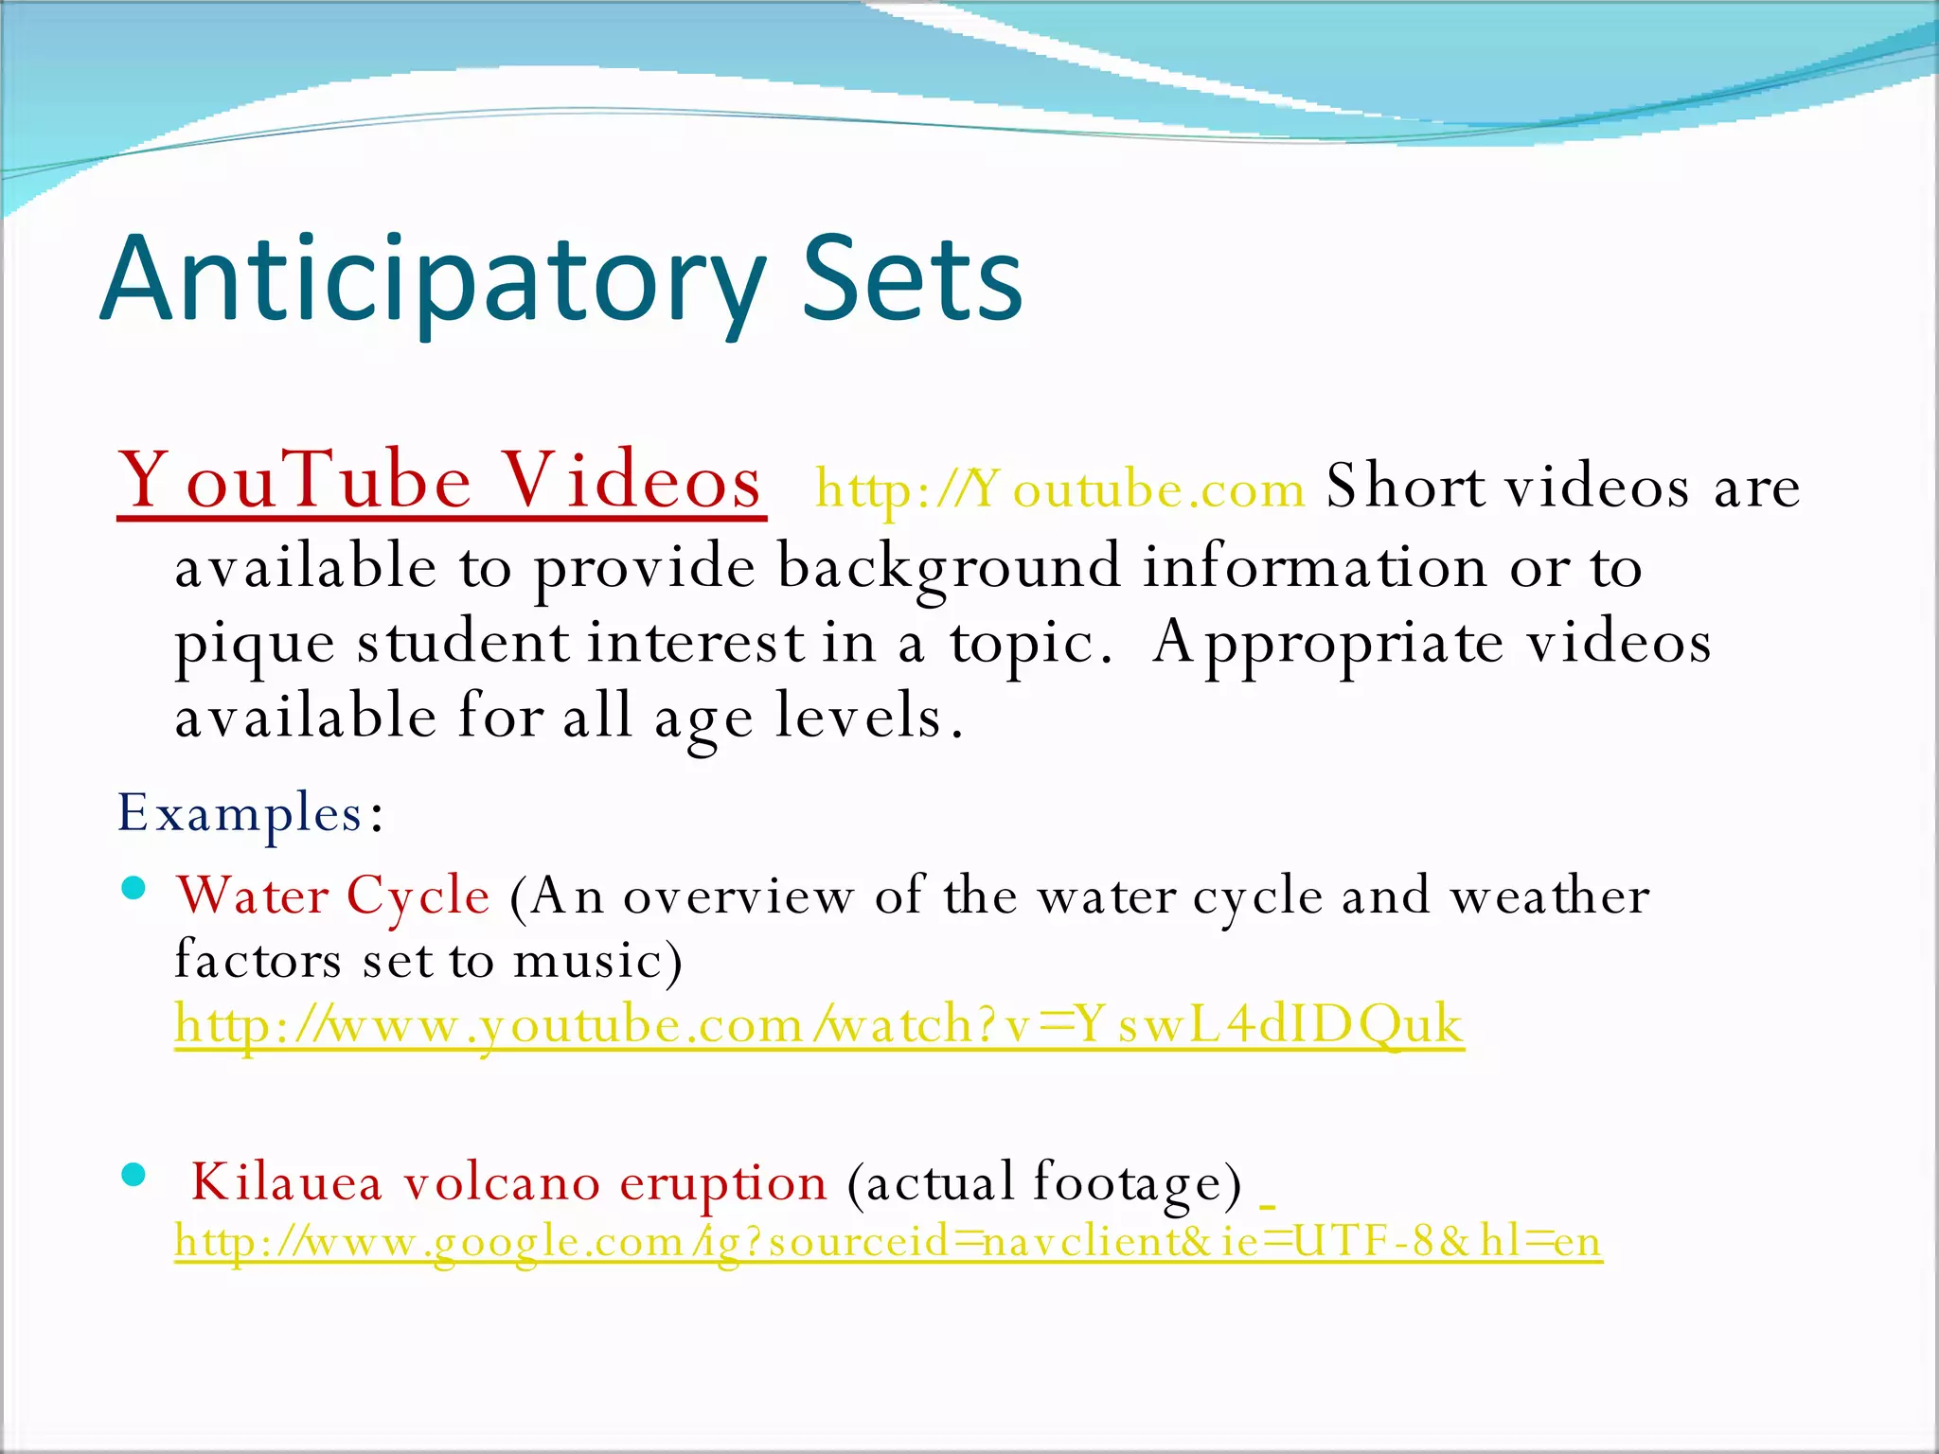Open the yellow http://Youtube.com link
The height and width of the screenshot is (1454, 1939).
[x=1060, y=489]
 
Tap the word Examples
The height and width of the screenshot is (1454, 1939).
[x=242, y=813]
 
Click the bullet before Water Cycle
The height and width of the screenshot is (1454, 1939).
[x=133, y=888]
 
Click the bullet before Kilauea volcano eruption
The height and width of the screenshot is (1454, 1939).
[x=133, y=1175]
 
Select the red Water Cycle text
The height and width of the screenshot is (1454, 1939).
[x=333, y=895]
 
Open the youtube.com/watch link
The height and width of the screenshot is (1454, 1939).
[x=819, y=1025]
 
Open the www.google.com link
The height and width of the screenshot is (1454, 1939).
[x=888, y=1241]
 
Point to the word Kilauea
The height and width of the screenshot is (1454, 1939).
[x=286, y=1182]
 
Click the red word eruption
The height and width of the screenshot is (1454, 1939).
[x=723, y=1184]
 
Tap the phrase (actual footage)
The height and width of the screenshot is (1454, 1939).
[x=1043, y=1183]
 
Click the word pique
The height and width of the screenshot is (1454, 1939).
[x=255, y=645]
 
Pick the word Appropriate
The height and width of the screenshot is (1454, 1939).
[x=1328, y=643]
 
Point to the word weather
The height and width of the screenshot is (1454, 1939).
[x=1551, y=895]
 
